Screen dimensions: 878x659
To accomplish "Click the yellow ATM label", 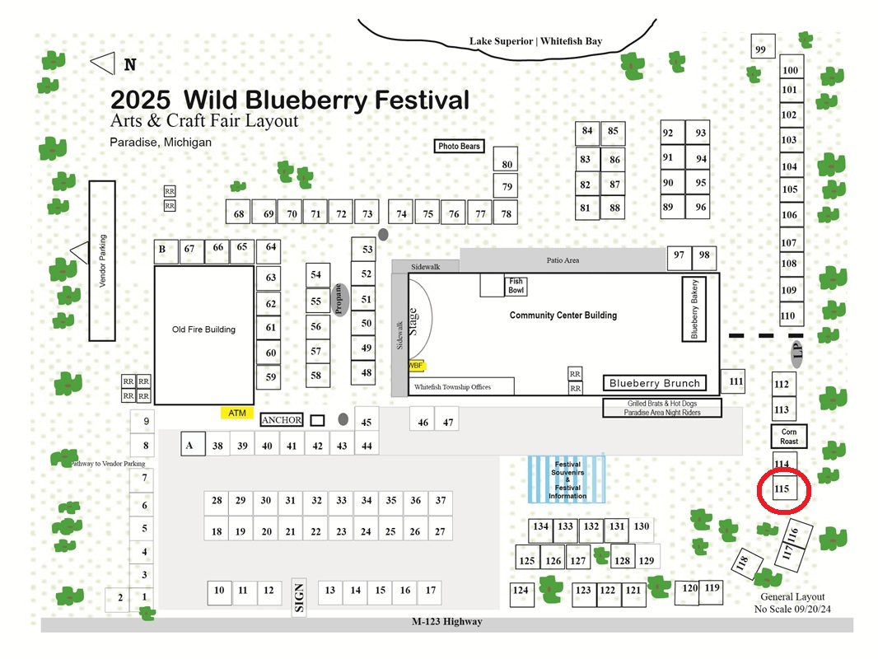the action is coord(237,413).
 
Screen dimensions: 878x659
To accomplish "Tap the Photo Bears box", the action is coord(459,146).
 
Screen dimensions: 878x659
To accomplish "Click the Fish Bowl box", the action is coord(516,286).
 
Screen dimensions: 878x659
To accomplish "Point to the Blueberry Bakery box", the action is coord(694,309).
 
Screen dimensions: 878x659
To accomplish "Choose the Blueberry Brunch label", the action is coord(655,383).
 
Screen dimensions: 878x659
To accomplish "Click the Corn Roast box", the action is coord(789,436).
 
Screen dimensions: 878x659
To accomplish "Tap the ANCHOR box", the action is coord(282,420).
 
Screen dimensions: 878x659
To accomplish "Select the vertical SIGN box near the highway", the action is coord(299,597).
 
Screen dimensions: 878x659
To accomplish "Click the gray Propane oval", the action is coord(339,300).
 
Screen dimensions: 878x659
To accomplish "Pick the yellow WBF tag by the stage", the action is coord(417,366).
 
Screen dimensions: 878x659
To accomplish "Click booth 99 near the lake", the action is coord(764,46).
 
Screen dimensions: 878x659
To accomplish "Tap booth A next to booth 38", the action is coord(193,444).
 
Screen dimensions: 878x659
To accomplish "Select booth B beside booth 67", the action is coord(166,251).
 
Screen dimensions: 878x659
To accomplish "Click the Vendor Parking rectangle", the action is coord(102,261).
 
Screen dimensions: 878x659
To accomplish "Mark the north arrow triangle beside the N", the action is coord(103,63).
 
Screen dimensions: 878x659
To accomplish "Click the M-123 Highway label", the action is coord(447,621).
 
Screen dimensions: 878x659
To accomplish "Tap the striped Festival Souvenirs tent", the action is coord(567,479).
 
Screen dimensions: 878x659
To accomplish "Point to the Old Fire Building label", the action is coord(203,329).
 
